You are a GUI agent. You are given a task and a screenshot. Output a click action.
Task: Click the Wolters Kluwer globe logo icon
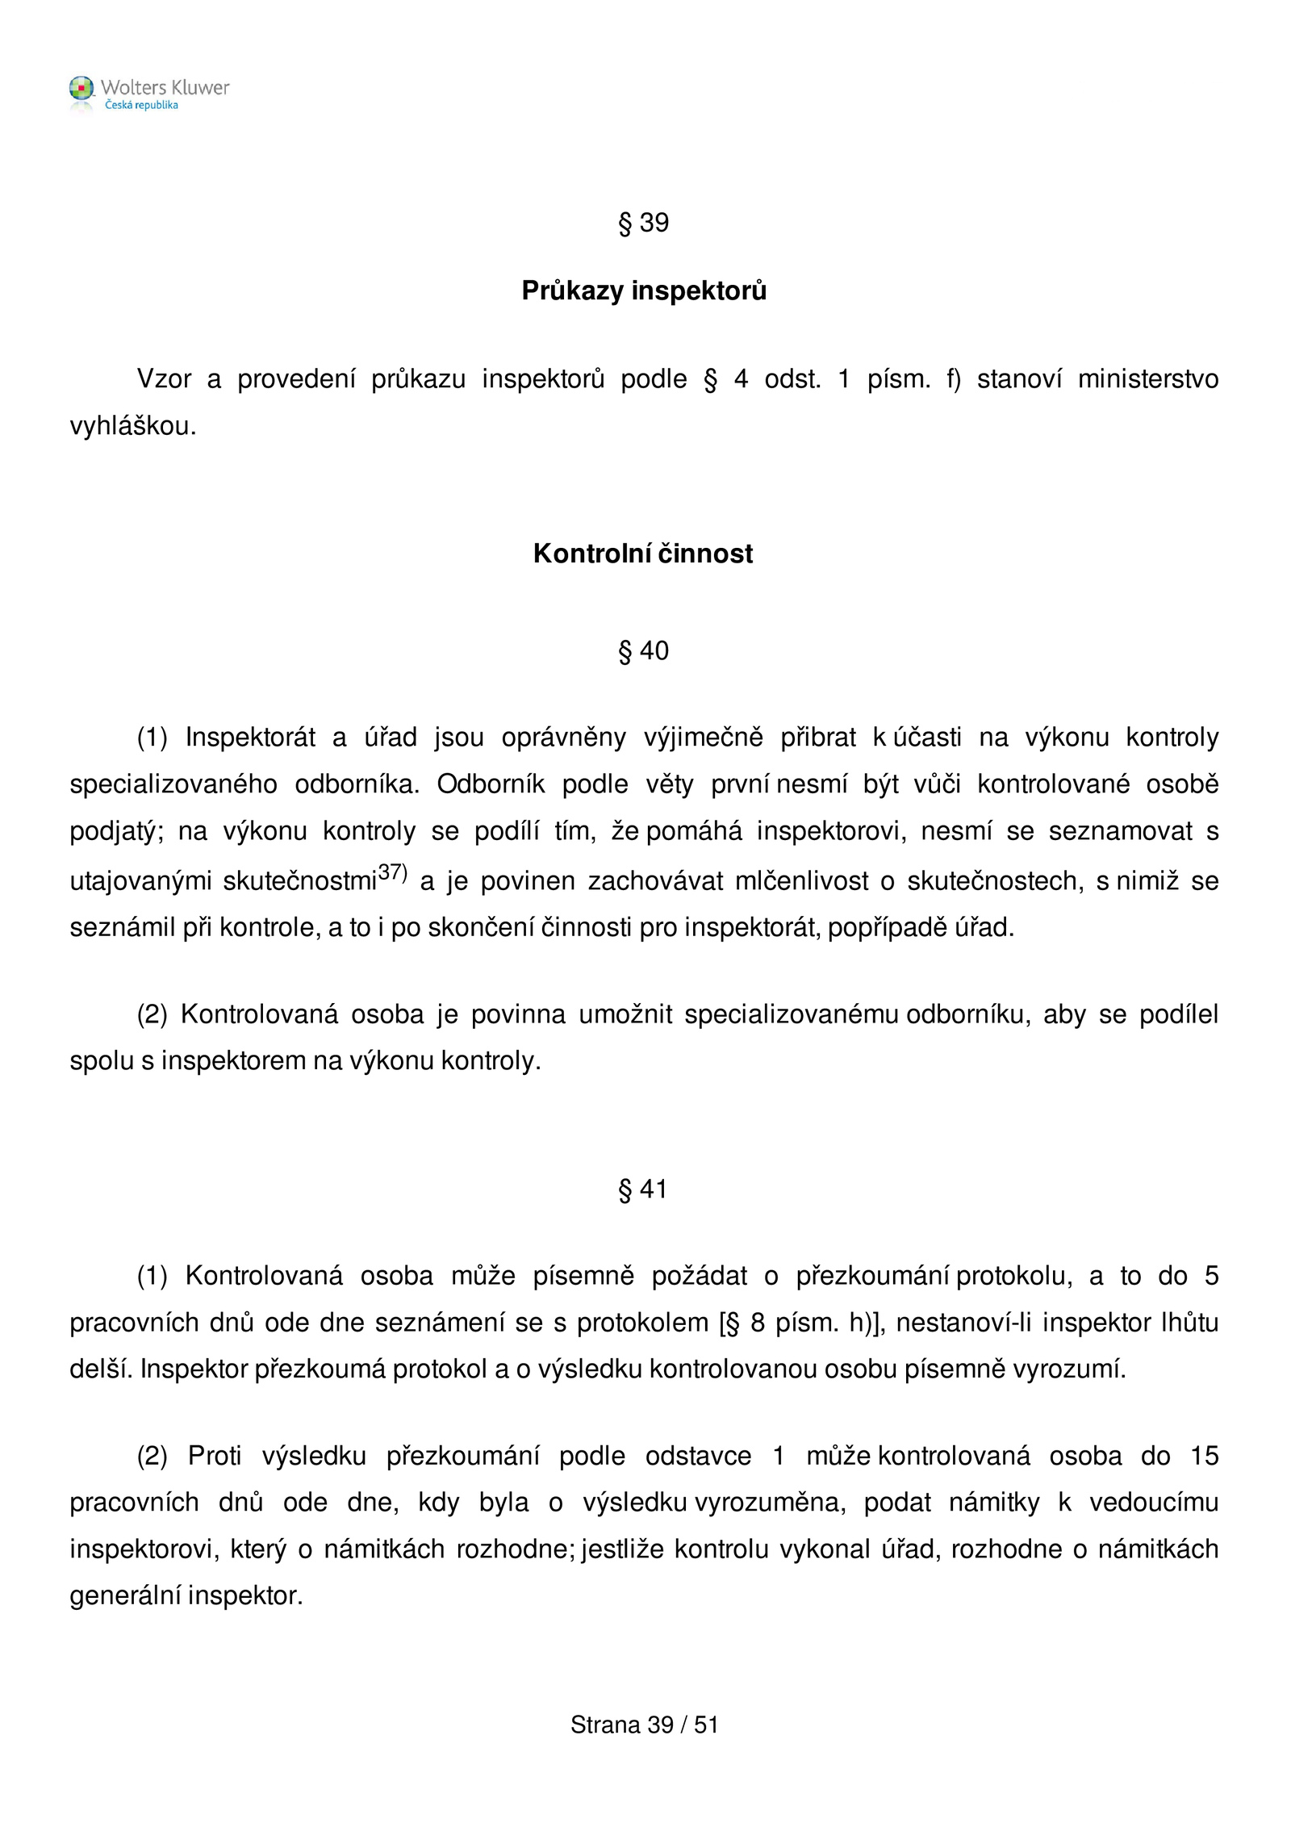pos(81,89)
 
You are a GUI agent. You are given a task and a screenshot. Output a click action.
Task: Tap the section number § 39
pos(643,223)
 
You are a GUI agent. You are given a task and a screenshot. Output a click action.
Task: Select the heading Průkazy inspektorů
pos(643,291)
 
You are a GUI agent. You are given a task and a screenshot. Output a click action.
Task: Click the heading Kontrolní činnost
pos(643,554)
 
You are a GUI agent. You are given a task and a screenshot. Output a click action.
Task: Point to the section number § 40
pos(643,650)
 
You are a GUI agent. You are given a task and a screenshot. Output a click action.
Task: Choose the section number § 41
pos(643,1189)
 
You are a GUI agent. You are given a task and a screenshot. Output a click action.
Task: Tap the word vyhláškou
pos(133,426)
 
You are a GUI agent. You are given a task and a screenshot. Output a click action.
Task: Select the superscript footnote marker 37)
pos(393,872)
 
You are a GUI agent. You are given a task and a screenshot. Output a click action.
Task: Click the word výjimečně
pos(703,738)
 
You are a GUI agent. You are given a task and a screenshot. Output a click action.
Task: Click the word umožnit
pos(625,1014)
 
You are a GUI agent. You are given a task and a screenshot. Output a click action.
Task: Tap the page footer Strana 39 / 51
pos(644,1725)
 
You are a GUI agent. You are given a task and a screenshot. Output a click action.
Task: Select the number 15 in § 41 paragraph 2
pos(1204,1456)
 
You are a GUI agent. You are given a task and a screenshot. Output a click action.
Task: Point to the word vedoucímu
pos(1153,1503)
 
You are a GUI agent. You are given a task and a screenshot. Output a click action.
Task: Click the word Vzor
pos(164,378)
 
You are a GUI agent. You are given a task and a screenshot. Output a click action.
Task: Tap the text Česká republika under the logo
pos(141,106)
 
